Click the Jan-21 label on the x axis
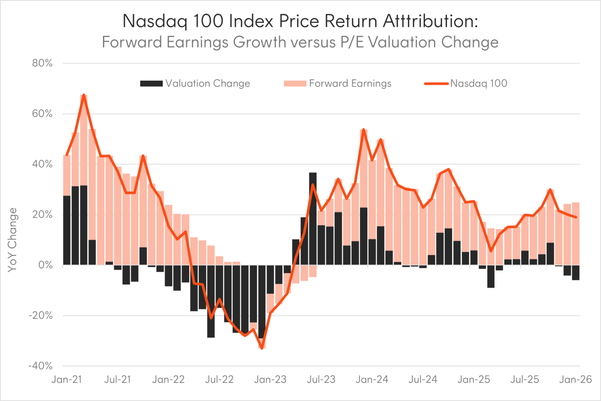tap(66, 380)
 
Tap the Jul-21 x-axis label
tap(117, 380)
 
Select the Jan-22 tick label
tap(168, 380)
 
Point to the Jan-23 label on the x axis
tap(270, 380)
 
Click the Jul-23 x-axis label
tap(321, 380)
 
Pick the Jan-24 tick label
tap(372, 380)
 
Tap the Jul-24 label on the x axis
tap(423, 380)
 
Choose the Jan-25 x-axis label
tap(474, 380)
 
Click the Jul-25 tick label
tap(525, 380)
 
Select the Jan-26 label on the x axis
tap(575, 380)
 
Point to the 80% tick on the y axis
tap(42, 63)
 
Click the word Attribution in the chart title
tap(430, 21)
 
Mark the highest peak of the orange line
tap(84, 94)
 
